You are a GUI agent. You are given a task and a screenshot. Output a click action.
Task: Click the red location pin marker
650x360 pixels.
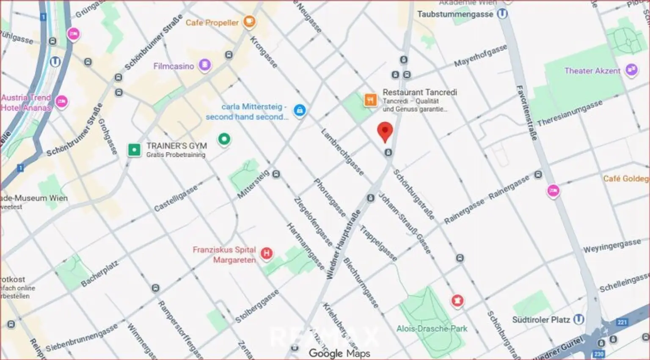(x=385, y=131)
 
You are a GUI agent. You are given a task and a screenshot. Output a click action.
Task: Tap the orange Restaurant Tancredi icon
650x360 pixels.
(x=370, y=100)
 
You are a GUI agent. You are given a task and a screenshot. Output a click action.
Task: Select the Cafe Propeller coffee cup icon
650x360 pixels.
(x=249, y=22)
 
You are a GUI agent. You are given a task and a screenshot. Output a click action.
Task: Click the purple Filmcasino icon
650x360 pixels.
(x=205, y=65)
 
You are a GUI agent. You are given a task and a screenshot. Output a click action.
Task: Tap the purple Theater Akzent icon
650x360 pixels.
(x=631, y=70)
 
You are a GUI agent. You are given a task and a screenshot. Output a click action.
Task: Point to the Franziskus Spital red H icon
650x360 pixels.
(x=266, y=253)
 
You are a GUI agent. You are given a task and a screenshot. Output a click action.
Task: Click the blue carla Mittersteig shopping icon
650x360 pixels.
(x=300, y=111)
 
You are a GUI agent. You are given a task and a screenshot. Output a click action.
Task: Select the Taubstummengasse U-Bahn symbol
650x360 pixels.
(x=502, y=14)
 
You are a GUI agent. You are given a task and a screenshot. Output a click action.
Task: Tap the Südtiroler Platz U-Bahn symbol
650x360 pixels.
(x=578, y=319)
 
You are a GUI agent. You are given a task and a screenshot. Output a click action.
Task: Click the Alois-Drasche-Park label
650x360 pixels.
(x=432, y=329)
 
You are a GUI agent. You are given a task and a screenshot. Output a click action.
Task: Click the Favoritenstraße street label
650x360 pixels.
(x=527, y=113)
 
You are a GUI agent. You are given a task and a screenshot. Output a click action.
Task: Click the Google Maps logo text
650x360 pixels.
(x=339, y=353)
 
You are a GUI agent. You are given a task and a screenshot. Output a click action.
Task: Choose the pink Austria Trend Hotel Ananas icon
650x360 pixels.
(x=62, y=102)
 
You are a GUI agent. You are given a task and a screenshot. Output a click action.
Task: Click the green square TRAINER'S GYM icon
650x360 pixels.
(x=134, y=150)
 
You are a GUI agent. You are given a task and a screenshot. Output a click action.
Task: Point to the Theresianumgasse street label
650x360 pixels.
(x=570, y=113)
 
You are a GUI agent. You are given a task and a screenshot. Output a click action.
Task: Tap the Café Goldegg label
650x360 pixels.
(x=625, y=179)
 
